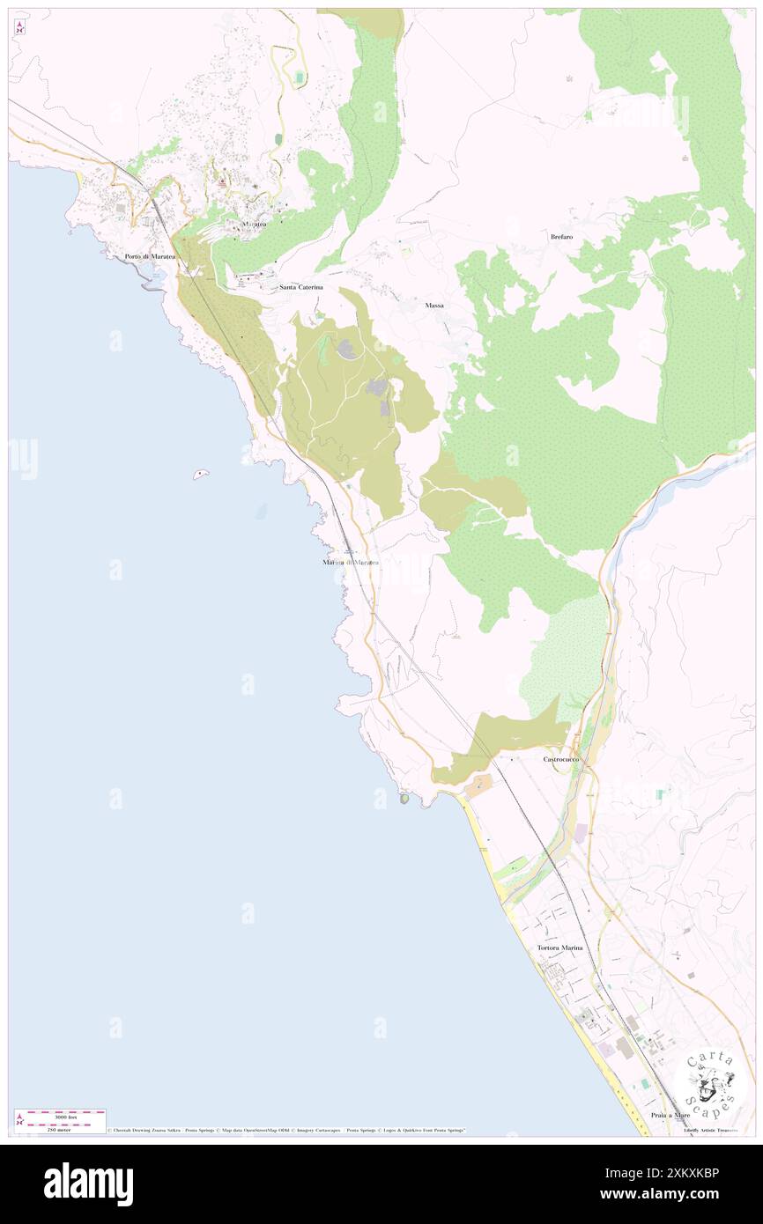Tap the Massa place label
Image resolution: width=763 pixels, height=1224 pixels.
tap(434, 305)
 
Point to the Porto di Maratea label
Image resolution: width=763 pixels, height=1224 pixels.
tap(150, 256)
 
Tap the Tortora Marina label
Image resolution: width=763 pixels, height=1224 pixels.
tap(559, 947)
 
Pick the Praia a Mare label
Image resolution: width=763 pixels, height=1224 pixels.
tap(670, 1115)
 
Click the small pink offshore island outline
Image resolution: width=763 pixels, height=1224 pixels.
tap(202, 475)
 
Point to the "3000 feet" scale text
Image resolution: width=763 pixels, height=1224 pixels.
tap(65, 1117)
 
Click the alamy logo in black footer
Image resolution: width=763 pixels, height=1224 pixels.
tap(88, 1184)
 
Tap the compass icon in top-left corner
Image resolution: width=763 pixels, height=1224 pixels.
tap(19, 26)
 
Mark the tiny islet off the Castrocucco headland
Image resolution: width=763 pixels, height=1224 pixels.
tap(404, 800)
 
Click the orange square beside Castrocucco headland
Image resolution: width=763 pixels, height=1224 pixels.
tap(478, 785)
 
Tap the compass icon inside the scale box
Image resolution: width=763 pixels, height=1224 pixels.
tap(20, 1119)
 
